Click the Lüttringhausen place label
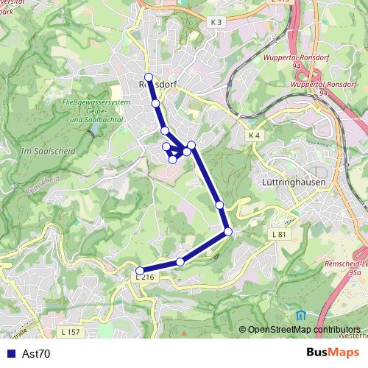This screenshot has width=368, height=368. click(x=294, y=181)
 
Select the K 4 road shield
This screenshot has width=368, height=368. click(x=255, y=135)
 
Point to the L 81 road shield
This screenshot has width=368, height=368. click(x=277, y=234)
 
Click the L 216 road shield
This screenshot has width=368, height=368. click(x=145, y=277)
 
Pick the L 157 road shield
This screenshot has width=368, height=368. click(x=71, y=332)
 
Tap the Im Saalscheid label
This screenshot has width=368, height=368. click(x=45, y=151)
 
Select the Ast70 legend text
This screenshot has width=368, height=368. click(x=36, y=354)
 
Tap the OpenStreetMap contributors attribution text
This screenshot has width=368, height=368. click(x=304, y=329)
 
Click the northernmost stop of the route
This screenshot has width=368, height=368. click(x=149, y=77)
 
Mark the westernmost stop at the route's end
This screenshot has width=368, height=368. click(x=141, y=270)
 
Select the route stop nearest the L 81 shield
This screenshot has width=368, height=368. click(x=228, y=232)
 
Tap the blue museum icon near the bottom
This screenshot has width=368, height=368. click(x=300, y=315)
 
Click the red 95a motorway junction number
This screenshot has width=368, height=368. click(x=355, y=272)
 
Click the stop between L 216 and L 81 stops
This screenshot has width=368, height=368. click(x=180, y=262)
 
